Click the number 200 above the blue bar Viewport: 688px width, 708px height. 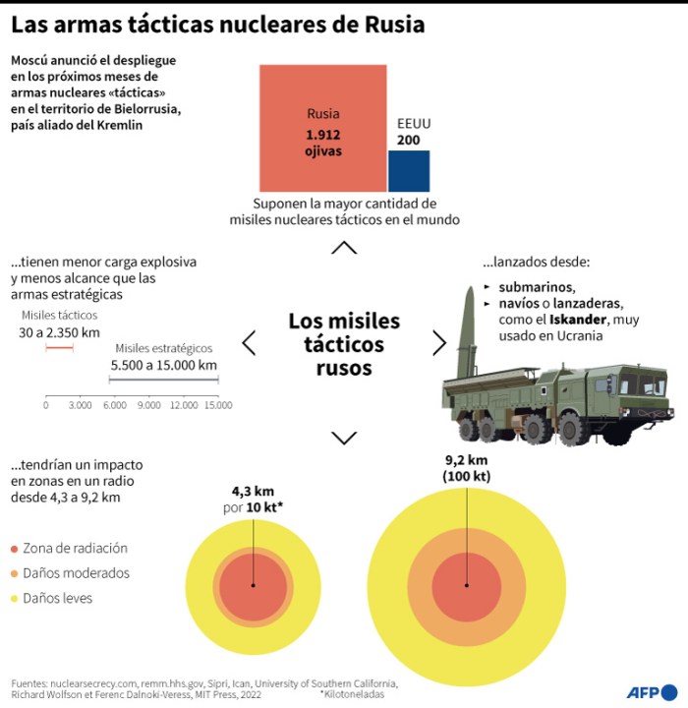coord(408,141)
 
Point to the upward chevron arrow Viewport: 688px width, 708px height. coord(344,248)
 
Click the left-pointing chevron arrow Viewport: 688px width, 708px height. coord(249,342)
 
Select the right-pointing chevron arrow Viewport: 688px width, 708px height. coord(439,342)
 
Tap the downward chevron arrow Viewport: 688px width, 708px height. coord(344,437)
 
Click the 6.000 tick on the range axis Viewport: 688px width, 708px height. coord(114,405)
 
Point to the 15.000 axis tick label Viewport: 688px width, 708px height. coord(218,405)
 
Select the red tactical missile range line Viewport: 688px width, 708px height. coord(59,348)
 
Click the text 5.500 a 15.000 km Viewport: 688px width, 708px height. coord(163,365)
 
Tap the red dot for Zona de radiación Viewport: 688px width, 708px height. coord(15,549)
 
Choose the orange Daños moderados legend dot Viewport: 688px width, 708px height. coord(15,573)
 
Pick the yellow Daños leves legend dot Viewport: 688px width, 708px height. coord(15,598)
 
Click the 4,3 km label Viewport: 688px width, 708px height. coord(253,491)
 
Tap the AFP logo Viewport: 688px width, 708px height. coord(650,691)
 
